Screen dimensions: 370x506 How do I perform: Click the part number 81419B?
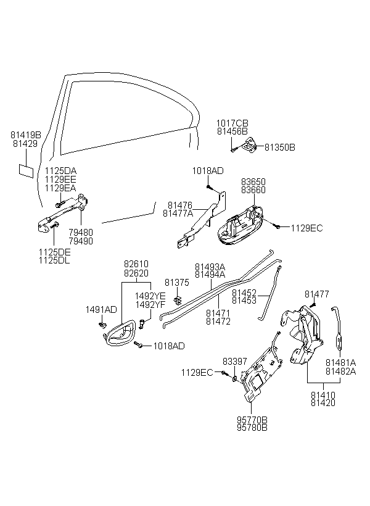[x=26, y=135]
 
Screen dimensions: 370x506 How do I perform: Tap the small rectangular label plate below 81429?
[x=26, y=171]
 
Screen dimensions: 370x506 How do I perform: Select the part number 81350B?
[x=280, y=147]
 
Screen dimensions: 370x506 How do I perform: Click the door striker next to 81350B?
[x=249, y=145]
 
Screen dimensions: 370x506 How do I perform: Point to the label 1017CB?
[x=232, y=123]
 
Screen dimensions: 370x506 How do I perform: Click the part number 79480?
[x=81, y=233]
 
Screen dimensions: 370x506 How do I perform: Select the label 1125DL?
[x=54, y=260]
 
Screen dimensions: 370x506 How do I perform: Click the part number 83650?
[x=253, y=181]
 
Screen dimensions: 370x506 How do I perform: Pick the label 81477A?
[x=178, y=214]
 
